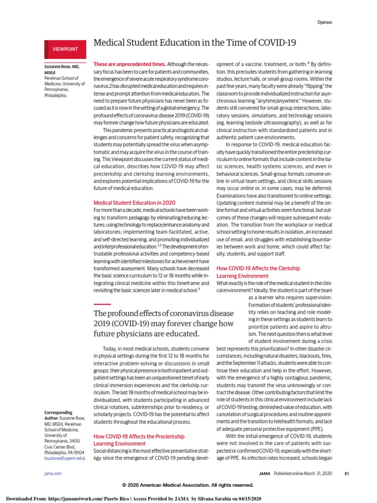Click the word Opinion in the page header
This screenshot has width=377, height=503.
click(324, 22)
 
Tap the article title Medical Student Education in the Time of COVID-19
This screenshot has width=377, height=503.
click(194, 43)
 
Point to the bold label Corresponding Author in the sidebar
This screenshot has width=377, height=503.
click(58, 416)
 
